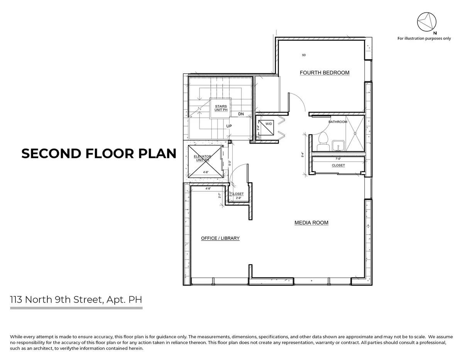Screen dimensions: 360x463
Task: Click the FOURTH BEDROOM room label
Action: coord(324,73)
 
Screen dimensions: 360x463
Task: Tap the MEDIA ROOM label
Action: coord(311,223)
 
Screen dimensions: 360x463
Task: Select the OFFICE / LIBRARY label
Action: coord(220,238)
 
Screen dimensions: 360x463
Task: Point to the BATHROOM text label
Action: coord(338,122)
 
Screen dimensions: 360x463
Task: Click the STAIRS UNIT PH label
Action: coord(221,108)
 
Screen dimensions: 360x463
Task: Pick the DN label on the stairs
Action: coord(241,114)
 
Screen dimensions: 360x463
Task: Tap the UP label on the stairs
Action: coord(229,126)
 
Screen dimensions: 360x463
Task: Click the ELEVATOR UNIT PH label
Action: coord(202,158)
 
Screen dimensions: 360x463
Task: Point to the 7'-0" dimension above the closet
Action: coord(338,159)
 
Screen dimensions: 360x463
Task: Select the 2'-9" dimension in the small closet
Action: coord(238,198)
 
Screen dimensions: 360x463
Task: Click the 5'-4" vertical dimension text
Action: coord(303,155)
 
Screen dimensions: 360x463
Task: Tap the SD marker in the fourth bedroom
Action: coord(304,55)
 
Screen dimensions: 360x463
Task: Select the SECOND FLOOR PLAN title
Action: coord(99,154)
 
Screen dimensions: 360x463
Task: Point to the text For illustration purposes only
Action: coord(424,39)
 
